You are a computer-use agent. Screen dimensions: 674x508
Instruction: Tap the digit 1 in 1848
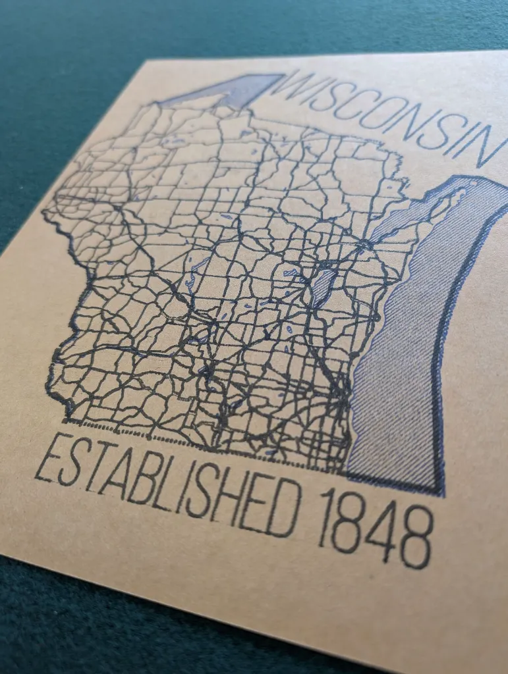(325, 520)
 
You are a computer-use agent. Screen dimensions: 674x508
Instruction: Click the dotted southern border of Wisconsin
(198, 442)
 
